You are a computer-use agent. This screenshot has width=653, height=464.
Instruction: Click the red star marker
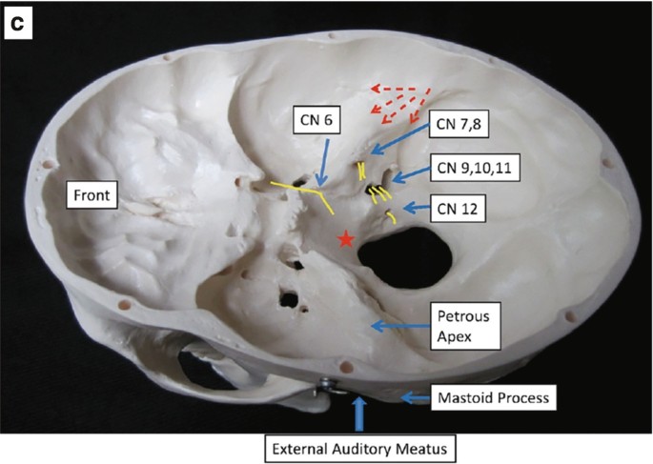click(346, 240)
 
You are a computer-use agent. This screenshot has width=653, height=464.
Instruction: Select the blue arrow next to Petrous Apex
click(398, 326)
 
